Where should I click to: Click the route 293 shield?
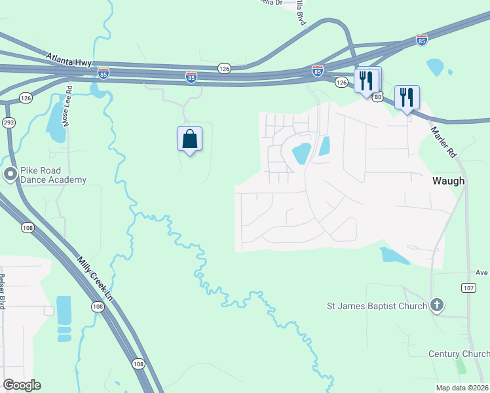(x=9, y=122)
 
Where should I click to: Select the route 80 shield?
(x=378, y=97)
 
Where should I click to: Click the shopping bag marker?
(x=189, y=139)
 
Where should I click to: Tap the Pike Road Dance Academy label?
(x=53, y=175)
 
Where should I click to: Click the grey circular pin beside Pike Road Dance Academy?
(x=10, y=174)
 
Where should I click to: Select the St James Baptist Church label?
(x=377, y=305)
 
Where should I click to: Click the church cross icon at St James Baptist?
(x=437, y=305)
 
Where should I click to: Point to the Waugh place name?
(x=448, y=181)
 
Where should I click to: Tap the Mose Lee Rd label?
(x=67, y=96)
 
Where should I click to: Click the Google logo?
(x=22, y=385)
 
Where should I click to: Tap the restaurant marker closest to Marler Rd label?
(x=407, y=98)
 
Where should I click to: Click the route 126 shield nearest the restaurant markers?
(x=341, y=82)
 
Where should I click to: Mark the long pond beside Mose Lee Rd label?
(x=56, y=121)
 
